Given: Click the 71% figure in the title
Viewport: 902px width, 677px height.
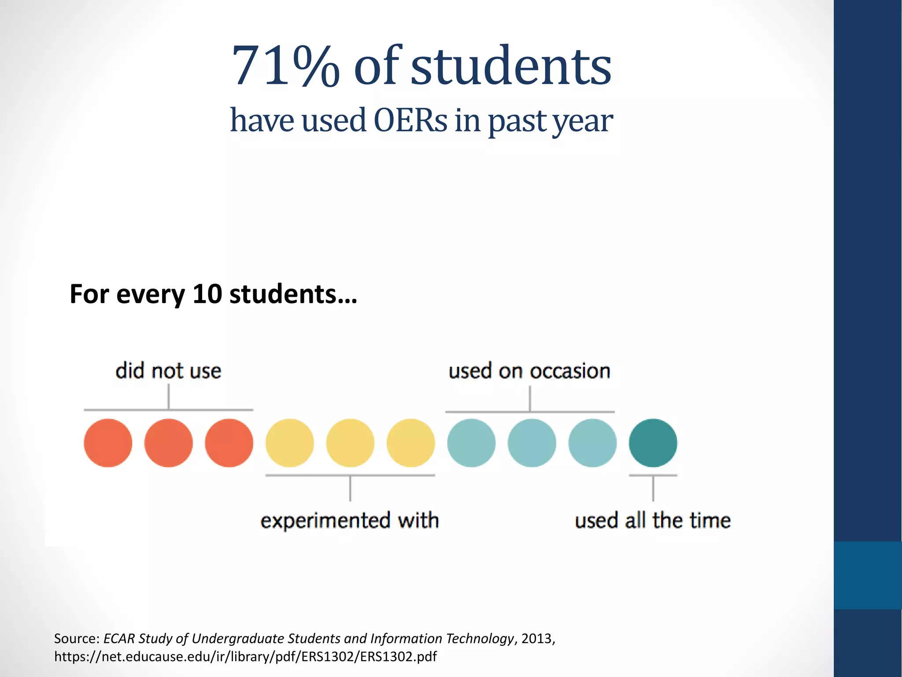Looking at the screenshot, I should point(285,66).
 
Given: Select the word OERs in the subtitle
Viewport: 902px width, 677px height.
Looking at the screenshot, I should point(410,120).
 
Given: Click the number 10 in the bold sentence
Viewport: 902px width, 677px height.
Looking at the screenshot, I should point(207,294).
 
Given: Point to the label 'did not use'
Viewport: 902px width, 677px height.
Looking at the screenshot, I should point(168,371).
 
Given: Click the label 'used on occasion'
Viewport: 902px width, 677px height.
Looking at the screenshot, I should point(529,371).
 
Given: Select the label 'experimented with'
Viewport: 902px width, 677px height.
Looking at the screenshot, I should point(350,520).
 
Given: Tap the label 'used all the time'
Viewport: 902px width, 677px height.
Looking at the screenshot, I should point(653,520).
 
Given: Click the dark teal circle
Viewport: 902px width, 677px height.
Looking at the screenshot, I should point(653,443).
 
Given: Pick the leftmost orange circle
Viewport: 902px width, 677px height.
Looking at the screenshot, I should point(108,443).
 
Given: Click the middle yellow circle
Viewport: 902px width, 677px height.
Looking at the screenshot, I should point(350,443).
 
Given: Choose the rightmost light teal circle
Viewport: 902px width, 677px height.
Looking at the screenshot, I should point(592,443).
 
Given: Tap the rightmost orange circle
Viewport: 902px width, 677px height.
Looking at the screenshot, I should point(229,443).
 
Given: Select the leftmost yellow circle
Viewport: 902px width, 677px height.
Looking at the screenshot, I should point(289,443).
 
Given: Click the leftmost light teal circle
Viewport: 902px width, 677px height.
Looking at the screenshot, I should point(471,443).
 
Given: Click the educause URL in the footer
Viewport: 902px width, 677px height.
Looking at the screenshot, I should point(245,657).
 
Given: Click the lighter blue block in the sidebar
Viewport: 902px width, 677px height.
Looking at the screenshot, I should point(868,575).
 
